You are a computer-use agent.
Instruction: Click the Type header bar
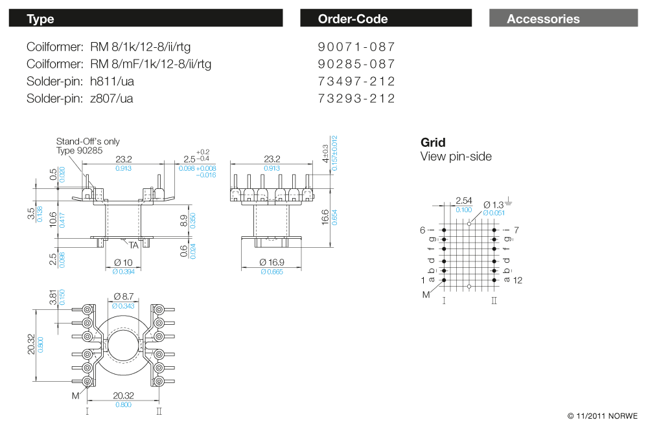click(x=146, y=19)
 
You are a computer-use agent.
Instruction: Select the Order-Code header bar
click(x=386, y=19)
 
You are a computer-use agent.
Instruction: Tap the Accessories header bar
click(x=562, y=19)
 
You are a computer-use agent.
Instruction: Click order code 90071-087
click(x=356, y=47)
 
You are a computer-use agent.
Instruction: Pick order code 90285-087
click(x=356, y=64)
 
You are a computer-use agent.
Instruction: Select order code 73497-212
click(x=356, y=82)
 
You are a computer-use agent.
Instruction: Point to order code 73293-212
click(x=356, y=98)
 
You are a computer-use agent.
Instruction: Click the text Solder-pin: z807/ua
click(x=80, y=98)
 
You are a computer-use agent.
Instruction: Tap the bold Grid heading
click(x=433, y=142)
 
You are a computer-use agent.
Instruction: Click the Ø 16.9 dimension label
click(x=272, y=263)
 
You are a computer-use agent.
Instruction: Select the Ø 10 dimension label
click(x=123, y=263)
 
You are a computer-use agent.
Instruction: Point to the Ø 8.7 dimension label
click(x=123, y=296)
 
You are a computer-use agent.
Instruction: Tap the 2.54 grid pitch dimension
click(x=463, y=201)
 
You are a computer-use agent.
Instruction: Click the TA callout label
click(x=133, y=245)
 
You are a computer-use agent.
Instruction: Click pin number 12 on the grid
click(x=518, y=280)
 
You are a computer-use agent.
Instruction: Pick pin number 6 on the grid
click(x=422, y=230)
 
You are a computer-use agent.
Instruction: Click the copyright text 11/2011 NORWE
click(x=603, y=415)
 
